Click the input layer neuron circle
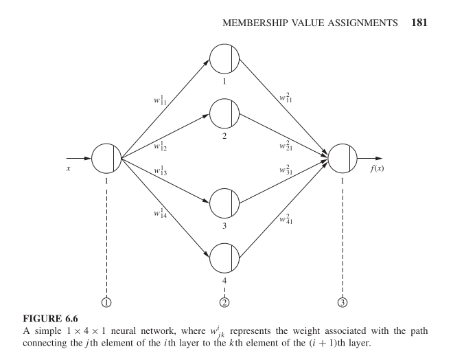click(x=106, y=158)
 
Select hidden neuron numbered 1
click(x=224, y=58)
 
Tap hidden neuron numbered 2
click(x=224, y=112)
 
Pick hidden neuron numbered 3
click(x=224, y=203)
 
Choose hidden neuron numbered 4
click(x=224, y=258)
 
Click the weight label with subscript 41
click(x=287, y=219)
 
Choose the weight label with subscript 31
click(x=286, y=170)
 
